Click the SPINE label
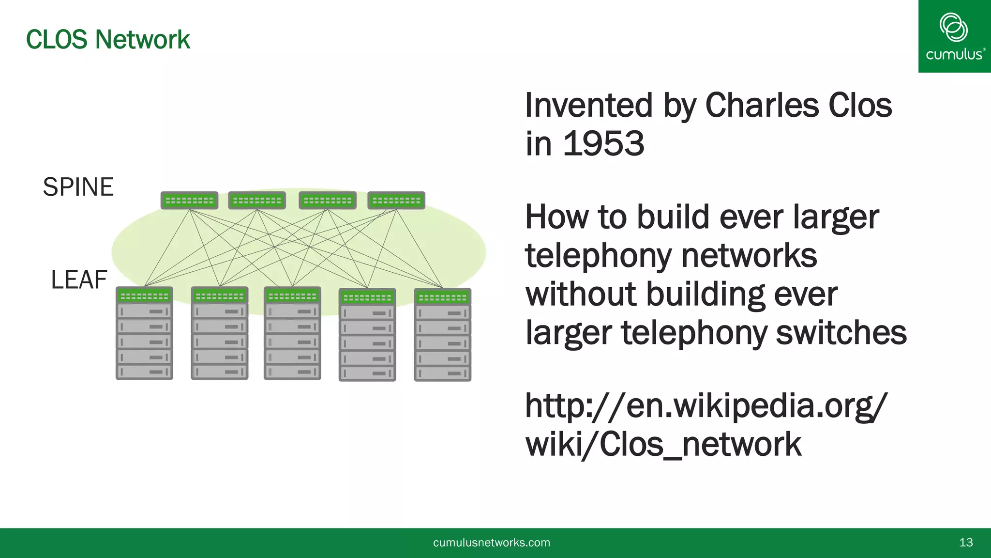click(78, 187)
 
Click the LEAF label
click(79, 280)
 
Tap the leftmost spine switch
click(189, 200)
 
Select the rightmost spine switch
click(396, 200)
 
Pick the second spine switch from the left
click(257, 200)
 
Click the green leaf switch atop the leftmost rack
click(144, 295)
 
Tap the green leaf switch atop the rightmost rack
click(442, 297)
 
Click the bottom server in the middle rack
click(292, 372)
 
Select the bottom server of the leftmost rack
click(144, 372)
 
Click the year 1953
click(603, 144)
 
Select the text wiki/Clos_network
click(663, 444)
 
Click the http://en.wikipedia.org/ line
click(706, 405)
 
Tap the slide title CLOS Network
click(108, 39)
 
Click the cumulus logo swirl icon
click(953, 27)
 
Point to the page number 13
click(966, 542)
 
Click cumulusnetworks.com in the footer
click(492, 542)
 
